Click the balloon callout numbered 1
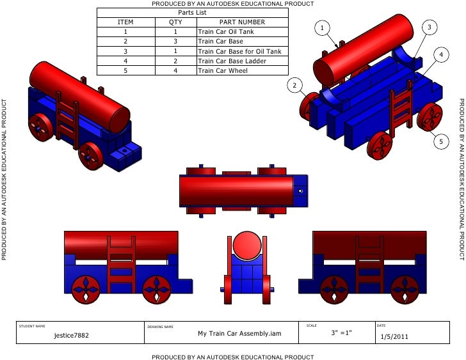pyautogui.click(x=323, y=27)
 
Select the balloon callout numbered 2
pyautogui.click(x=294, y=85)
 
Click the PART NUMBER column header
pyautogui.click(x=241, y=22)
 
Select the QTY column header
pyautogui.click(x=175, y=22)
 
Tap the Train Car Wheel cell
pyautogui.click(x=223, y=70)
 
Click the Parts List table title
pyautogui.click(x=192, y=12)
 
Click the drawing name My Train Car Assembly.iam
pyautogui.click(x=239, y=333)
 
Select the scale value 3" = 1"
pyautogui.click(x=341, y=333)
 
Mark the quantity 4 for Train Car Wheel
pyautogui.click(x=175, y=70)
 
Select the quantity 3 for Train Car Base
pyautogui.click(x=175, y=42)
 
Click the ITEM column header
pyautogui.click(x=125, y=22)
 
